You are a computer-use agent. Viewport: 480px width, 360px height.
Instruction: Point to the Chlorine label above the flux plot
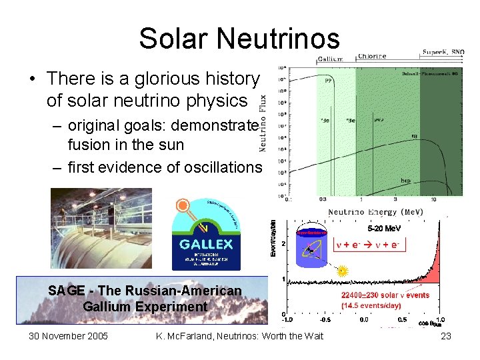click(373, 57)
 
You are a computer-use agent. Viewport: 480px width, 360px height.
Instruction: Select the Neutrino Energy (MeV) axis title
click(375, 212)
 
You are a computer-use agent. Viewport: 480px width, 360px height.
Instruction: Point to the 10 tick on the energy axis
click(433, 199)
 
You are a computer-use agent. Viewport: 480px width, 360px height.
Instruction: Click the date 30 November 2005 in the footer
click(68, 336)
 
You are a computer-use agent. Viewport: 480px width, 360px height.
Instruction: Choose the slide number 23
click(446, 336)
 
